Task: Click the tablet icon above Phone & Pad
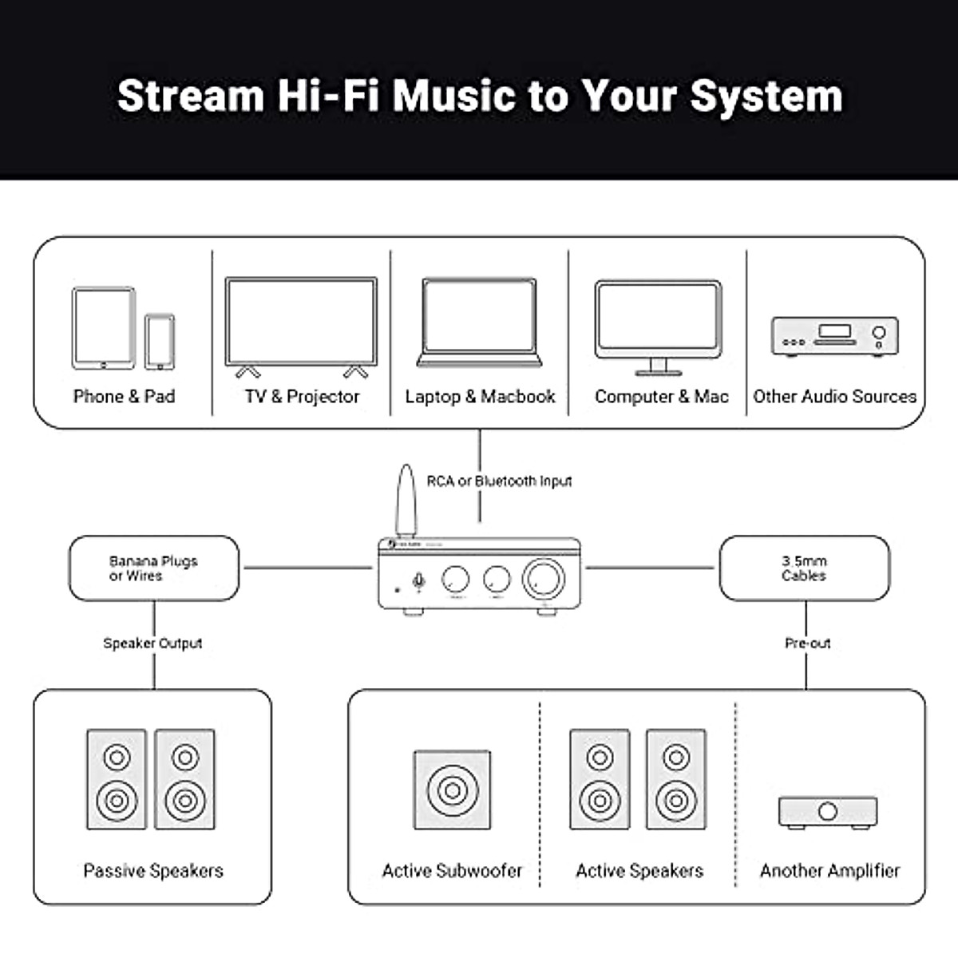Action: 104,328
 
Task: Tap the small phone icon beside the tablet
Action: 160,341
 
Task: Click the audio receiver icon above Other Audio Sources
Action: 834,336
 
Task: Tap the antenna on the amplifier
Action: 406,499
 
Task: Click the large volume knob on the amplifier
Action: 543,580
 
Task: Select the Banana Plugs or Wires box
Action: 153,568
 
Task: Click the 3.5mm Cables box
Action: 804,568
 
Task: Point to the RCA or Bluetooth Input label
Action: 499,481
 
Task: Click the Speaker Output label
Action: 152,643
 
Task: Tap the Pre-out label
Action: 807,643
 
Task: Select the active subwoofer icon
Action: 452,790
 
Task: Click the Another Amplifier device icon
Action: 828,811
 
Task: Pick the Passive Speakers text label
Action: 153,871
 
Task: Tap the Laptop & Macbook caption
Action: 480,397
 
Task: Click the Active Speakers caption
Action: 639,871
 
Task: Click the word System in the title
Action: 766,96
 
